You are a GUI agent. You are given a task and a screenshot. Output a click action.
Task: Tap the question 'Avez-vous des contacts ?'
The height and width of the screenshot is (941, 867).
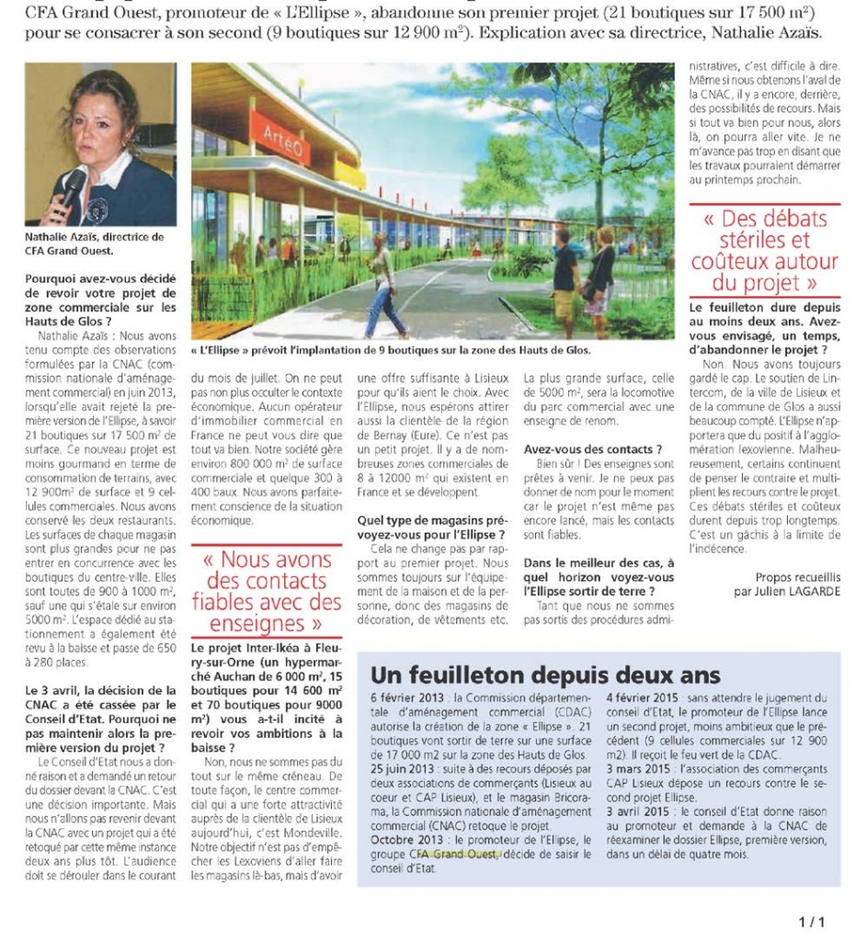point(593,448)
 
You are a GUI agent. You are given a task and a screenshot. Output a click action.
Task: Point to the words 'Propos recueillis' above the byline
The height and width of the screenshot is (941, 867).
point(799,577)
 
